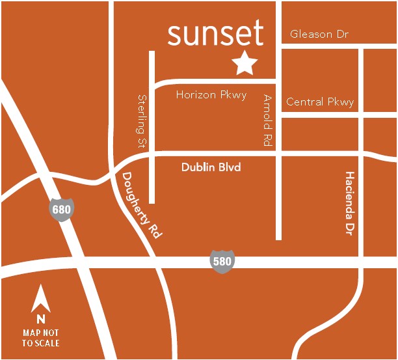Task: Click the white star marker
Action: point(245,62)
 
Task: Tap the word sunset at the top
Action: point(215,33)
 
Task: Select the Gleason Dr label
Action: point(320,34)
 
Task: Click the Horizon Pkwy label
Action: point(211,95)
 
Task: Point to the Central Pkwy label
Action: point(320,102)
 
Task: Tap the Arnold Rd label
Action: point(267,120)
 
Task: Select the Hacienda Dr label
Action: point(350,204)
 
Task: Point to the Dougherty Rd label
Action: point(140,204)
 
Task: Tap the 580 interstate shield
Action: point(222,261)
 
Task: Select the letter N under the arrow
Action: point(40,319)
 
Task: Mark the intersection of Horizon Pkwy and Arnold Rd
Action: point(278,82)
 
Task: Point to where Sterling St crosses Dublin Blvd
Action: point(152,156)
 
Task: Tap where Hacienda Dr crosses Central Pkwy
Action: point(360,114)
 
